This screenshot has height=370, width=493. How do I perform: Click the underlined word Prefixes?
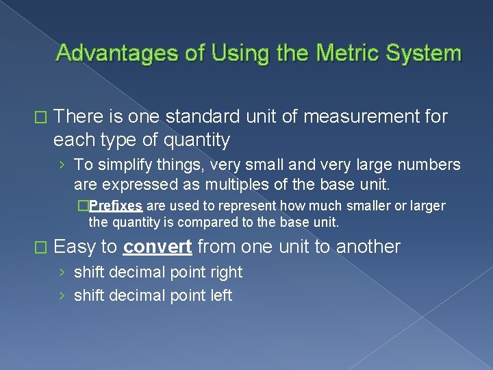(x=116, y=206)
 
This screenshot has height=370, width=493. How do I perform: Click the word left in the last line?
(x=221, y=295)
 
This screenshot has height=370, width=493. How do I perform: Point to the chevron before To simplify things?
(x=62, y=165)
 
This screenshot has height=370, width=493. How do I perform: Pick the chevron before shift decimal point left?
(x=62, y=296)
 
